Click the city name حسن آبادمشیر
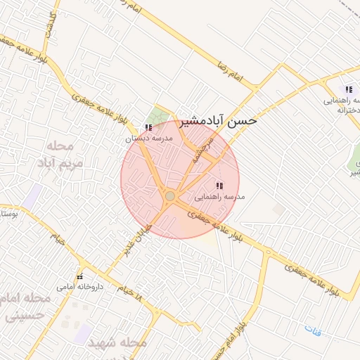219,120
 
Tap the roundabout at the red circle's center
170,195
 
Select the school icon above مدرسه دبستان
148,127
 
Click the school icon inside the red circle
219,186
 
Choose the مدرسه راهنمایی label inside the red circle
219,197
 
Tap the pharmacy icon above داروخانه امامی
79,276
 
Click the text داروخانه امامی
79,287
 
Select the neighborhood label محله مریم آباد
65,154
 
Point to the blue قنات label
312,330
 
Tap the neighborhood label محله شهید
117,342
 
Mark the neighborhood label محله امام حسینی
27,307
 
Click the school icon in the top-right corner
348,89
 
